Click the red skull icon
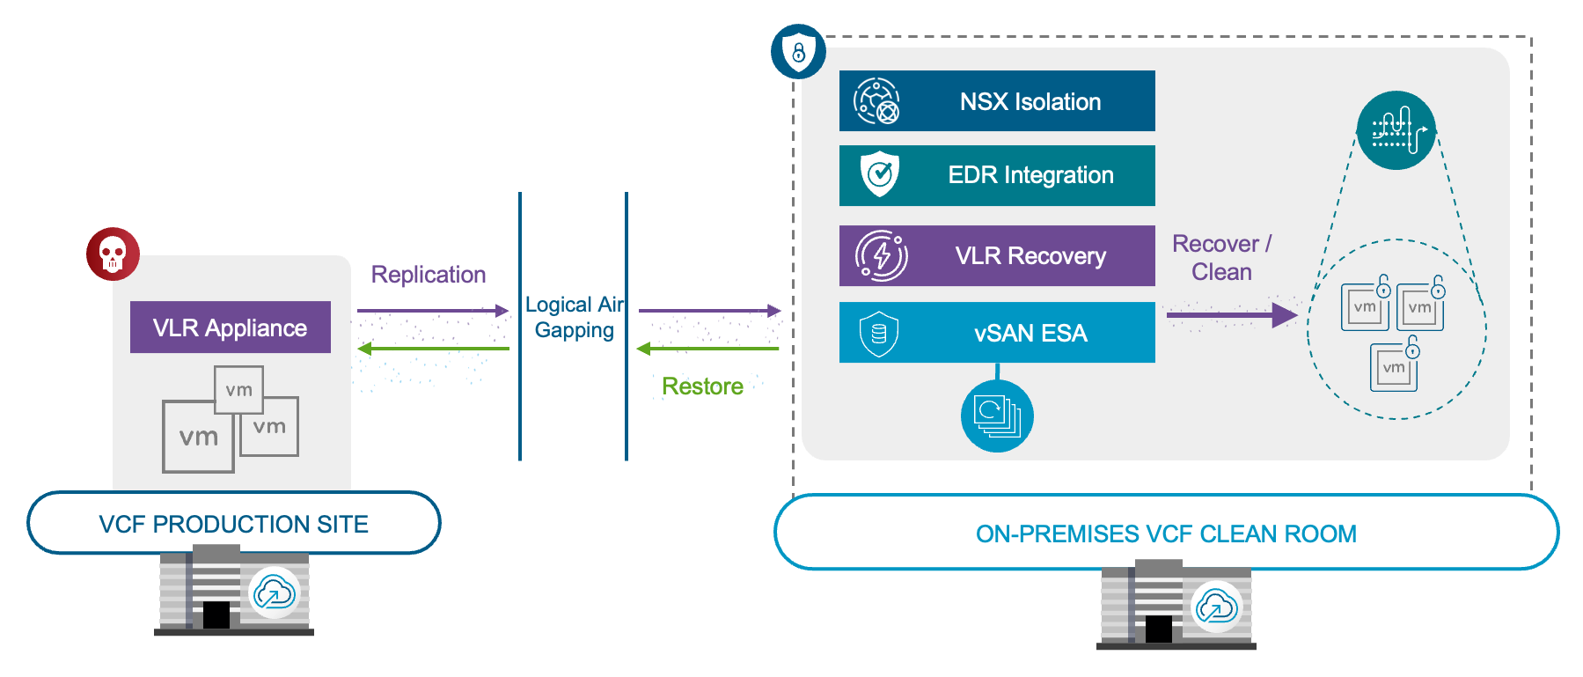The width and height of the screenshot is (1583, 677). pos(113,254)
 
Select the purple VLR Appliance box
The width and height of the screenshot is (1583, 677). pos(230,327)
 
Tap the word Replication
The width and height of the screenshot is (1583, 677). pos(428,275)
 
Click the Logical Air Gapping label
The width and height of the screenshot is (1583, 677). pos(574,317)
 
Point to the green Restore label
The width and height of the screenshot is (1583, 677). pos(702,386)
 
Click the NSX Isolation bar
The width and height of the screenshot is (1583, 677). pos(997,101)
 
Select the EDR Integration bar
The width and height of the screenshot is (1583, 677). pos(997,175)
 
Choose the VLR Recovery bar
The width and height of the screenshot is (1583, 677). pos(997,255)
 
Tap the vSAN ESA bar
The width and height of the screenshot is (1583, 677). pos(997,333)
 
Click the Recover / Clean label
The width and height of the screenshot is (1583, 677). pos(1221,257)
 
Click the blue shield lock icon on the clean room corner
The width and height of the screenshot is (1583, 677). pos(798,51)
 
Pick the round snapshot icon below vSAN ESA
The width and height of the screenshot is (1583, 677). pos(997,416)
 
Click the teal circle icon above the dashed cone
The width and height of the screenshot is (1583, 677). pos(1396,130)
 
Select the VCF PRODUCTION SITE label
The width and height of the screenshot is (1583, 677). pos(233,524)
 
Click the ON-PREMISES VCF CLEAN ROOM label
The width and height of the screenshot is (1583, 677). pos(1166,534)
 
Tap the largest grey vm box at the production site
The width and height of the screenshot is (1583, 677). pos(197,437)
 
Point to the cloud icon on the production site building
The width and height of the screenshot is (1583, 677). pos(274,593)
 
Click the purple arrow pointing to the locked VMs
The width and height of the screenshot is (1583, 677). pos(1232,314)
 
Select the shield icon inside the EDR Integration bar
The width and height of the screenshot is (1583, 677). pos(879,174)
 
